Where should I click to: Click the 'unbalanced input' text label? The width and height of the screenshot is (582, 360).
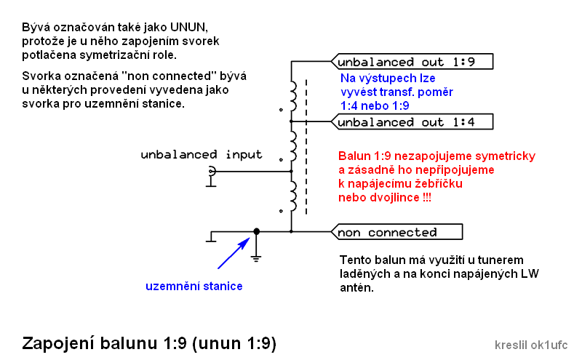202,155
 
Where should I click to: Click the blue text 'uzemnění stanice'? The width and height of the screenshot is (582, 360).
194,286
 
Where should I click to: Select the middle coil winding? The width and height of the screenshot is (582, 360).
294,145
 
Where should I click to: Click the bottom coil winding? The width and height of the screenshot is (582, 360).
294,193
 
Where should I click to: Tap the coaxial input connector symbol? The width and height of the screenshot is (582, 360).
212,172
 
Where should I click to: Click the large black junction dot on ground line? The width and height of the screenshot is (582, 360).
255,232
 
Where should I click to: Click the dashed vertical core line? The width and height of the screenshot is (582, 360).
306,145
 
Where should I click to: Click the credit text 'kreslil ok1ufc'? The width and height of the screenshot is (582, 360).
530,345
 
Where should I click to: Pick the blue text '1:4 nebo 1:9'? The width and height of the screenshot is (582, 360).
375,105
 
